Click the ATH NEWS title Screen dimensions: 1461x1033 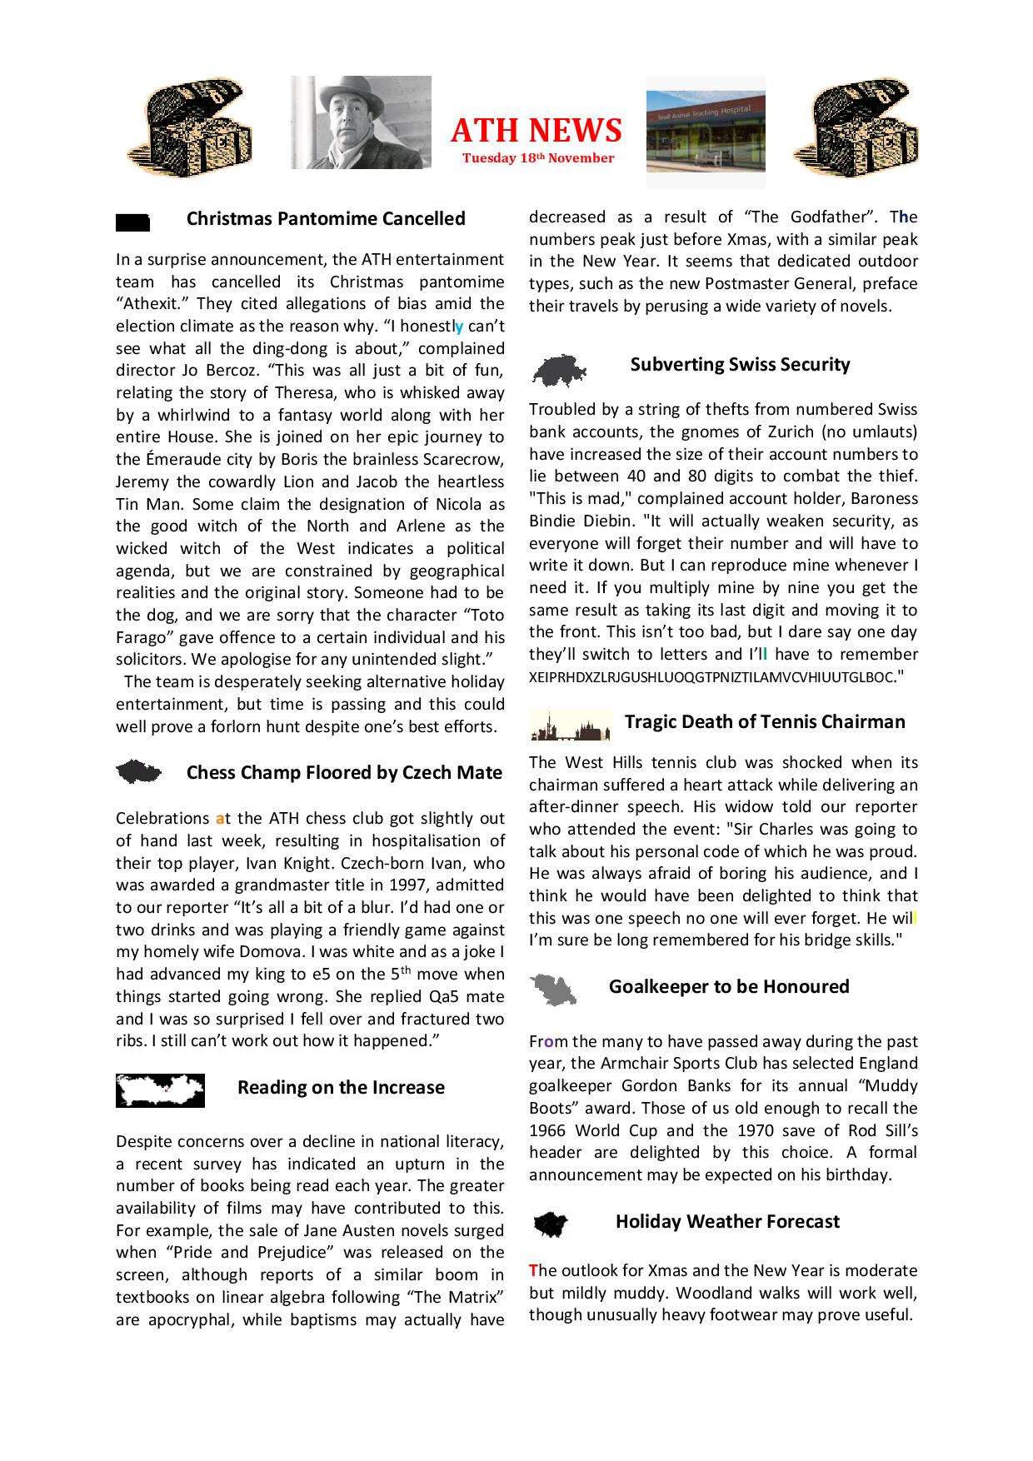pos(536,131)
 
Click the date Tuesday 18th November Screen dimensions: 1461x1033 pos(538,158)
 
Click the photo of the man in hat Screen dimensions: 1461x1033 pos(361,122)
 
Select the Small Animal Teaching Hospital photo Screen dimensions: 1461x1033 pos(705,132)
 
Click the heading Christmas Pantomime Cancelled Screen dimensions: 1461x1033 pos(326,219)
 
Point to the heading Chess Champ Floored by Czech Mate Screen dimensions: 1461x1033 pos(344,773)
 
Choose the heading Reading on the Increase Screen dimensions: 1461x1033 pos(341,1088)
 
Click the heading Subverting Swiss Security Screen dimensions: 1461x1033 pos(740,365)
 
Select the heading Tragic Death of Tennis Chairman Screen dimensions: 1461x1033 pos(765,722)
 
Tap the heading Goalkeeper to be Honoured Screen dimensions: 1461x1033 pos(729,987)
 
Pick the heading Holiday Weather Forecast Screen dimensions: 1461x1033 pos(727,1222)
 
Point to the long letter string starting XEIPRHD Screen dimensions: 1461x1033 pos(710,677)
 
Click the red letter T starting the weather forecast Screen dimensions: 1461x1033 pos(533,1271)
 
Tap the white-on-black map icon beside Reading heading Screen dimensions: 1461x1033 pos(160,1090)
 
